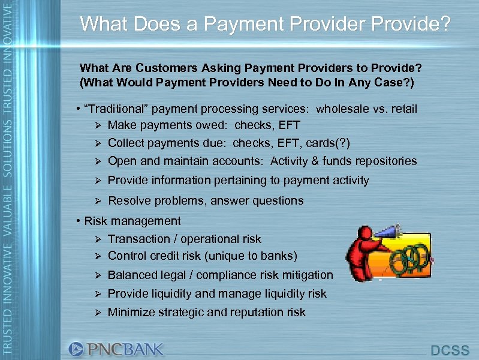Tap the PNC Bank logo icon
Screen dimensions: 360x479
[x=76, y=349]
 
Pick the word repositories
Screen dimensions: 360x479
[x=383, y=161]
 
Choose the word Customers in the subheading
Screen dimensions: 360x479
[x=144, y=68]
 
